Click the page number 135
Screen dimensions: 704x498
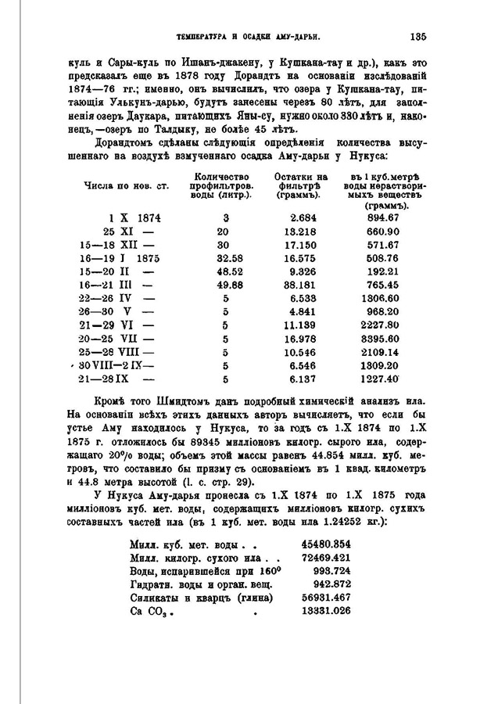click(x=416, y=35)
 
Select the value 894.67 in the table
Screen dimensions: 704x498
click(x=383, y=217)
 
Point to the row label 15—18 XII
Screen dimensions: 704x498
click(x=114, y=244)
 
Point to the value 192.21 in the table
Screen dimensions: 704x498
click(x=383, y=271)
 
